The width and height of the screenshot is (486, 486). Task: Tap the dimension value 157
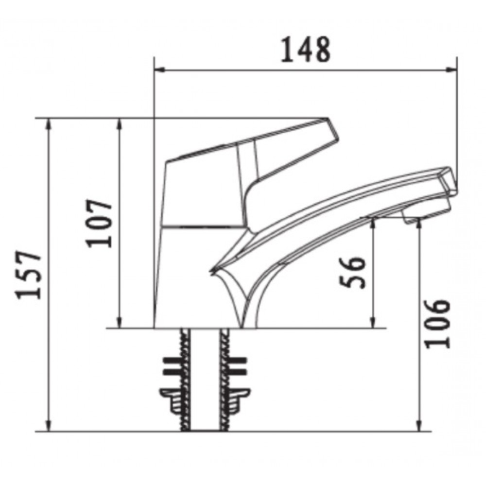click(28, 275)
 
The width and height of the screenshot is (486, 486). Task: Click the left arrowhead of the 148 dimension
click(158, 71)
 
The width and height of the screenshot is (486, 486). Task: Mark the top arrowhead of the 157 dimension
click(49, 122)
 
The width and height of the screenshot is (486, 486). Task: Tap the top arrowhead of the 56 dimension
click(373, 222)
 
